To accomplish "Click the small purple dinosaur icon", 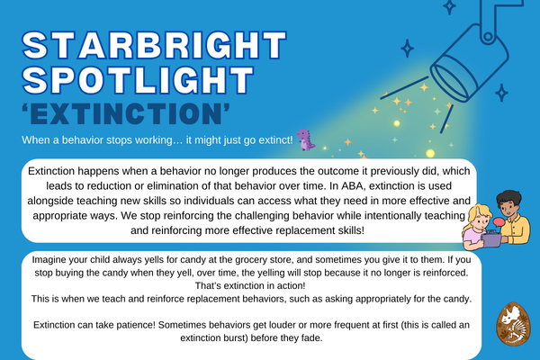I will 306,139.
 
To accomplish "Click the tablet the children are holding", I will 491,239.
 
